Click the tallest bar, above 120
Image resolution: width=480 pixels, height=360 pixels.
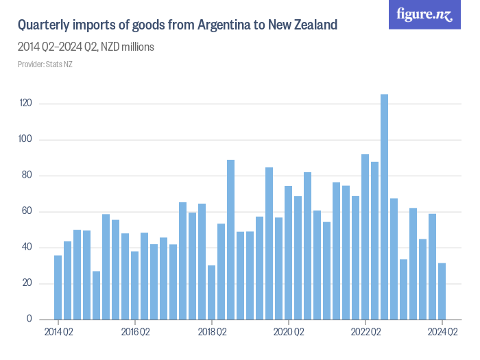[x=384, y=206]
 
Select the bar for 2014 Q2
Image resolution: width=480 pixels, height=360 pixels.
[x=58, y=287]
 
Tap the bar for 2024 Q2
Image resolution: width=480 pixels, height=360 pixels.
[x=442, y=291]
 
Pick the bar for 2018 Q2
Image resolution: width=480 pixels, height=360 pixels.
[x=212, y=292]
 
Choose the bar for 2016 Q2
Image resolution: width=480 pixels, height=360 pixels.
[x=135, y=285]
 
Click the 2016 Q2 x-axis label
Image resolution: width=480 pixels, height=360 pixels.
[x=135, y=333]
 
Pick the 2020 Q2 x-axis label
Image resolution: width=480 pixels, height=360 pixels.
[x=289, y=333]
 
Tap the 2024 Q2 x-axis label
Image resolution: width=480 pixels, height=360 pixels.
[x=442, y=333]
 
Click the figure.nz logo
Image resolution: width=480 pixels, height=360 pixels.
[x=424, y=14]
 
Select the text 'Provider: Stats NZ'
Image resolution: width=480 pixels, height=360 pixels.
[x=45, y=64]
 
